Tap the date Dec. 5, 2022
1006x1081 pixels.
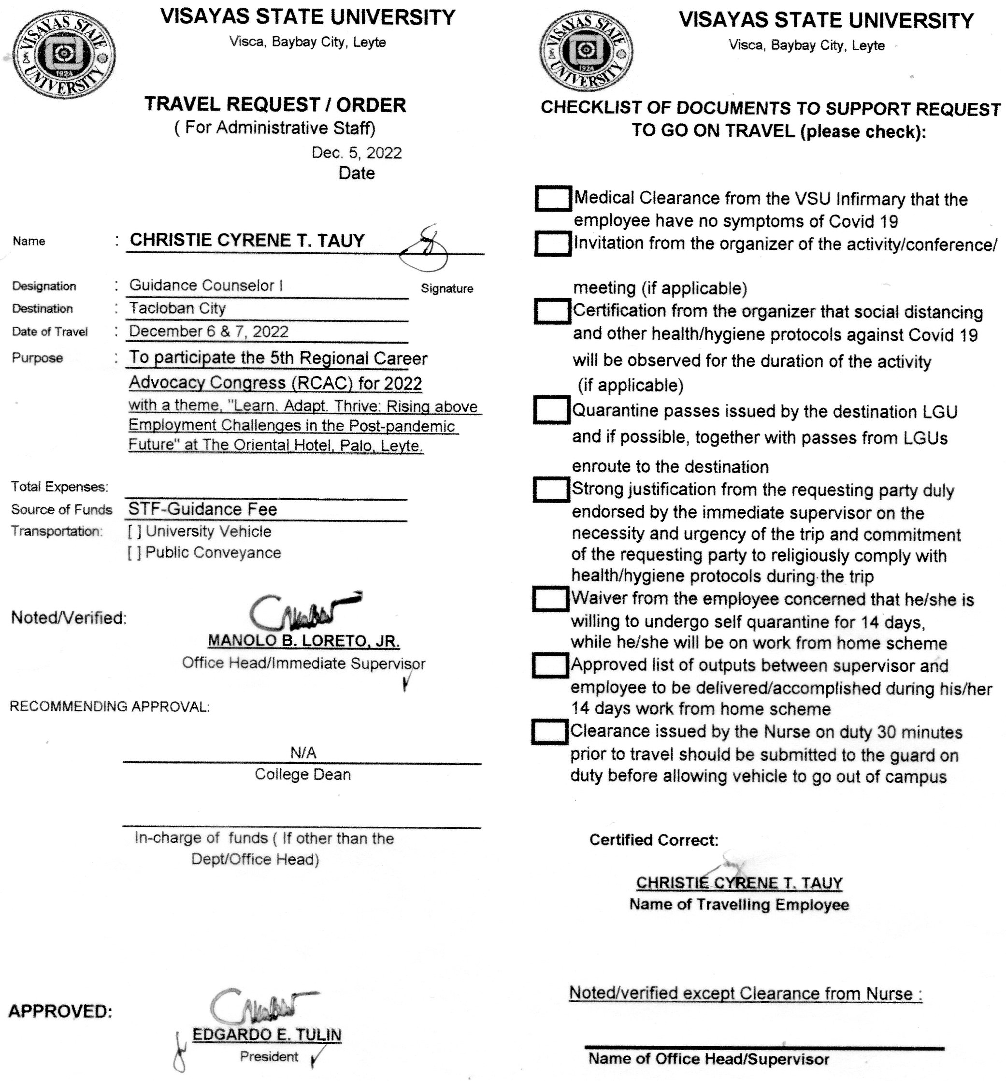356,153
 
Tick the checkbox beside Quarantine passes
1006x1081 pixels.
551,410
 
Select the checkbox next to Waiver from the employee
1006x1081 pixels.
550,599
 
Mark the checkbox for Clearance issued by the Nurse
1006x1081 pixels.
549,732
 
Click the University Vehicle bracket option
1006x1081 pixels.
134,532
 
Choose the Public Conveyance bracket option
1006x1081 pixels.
134,553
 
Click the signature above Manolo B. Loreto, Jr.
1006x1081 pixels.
302,610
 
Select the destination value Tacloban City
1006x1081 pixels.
177,308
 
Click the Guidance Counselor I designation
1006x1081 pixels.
205,286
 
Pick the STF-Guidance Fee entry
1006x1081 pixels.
202,509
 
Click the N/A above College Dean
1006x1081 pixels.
303,752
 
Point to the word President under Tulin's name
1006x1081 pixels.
269,1056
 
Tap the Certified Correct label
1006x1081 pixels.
654,840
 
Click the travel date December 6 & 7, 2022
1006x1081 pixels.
209,331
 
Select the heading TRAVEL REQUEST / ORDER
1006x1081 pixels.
275,104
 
